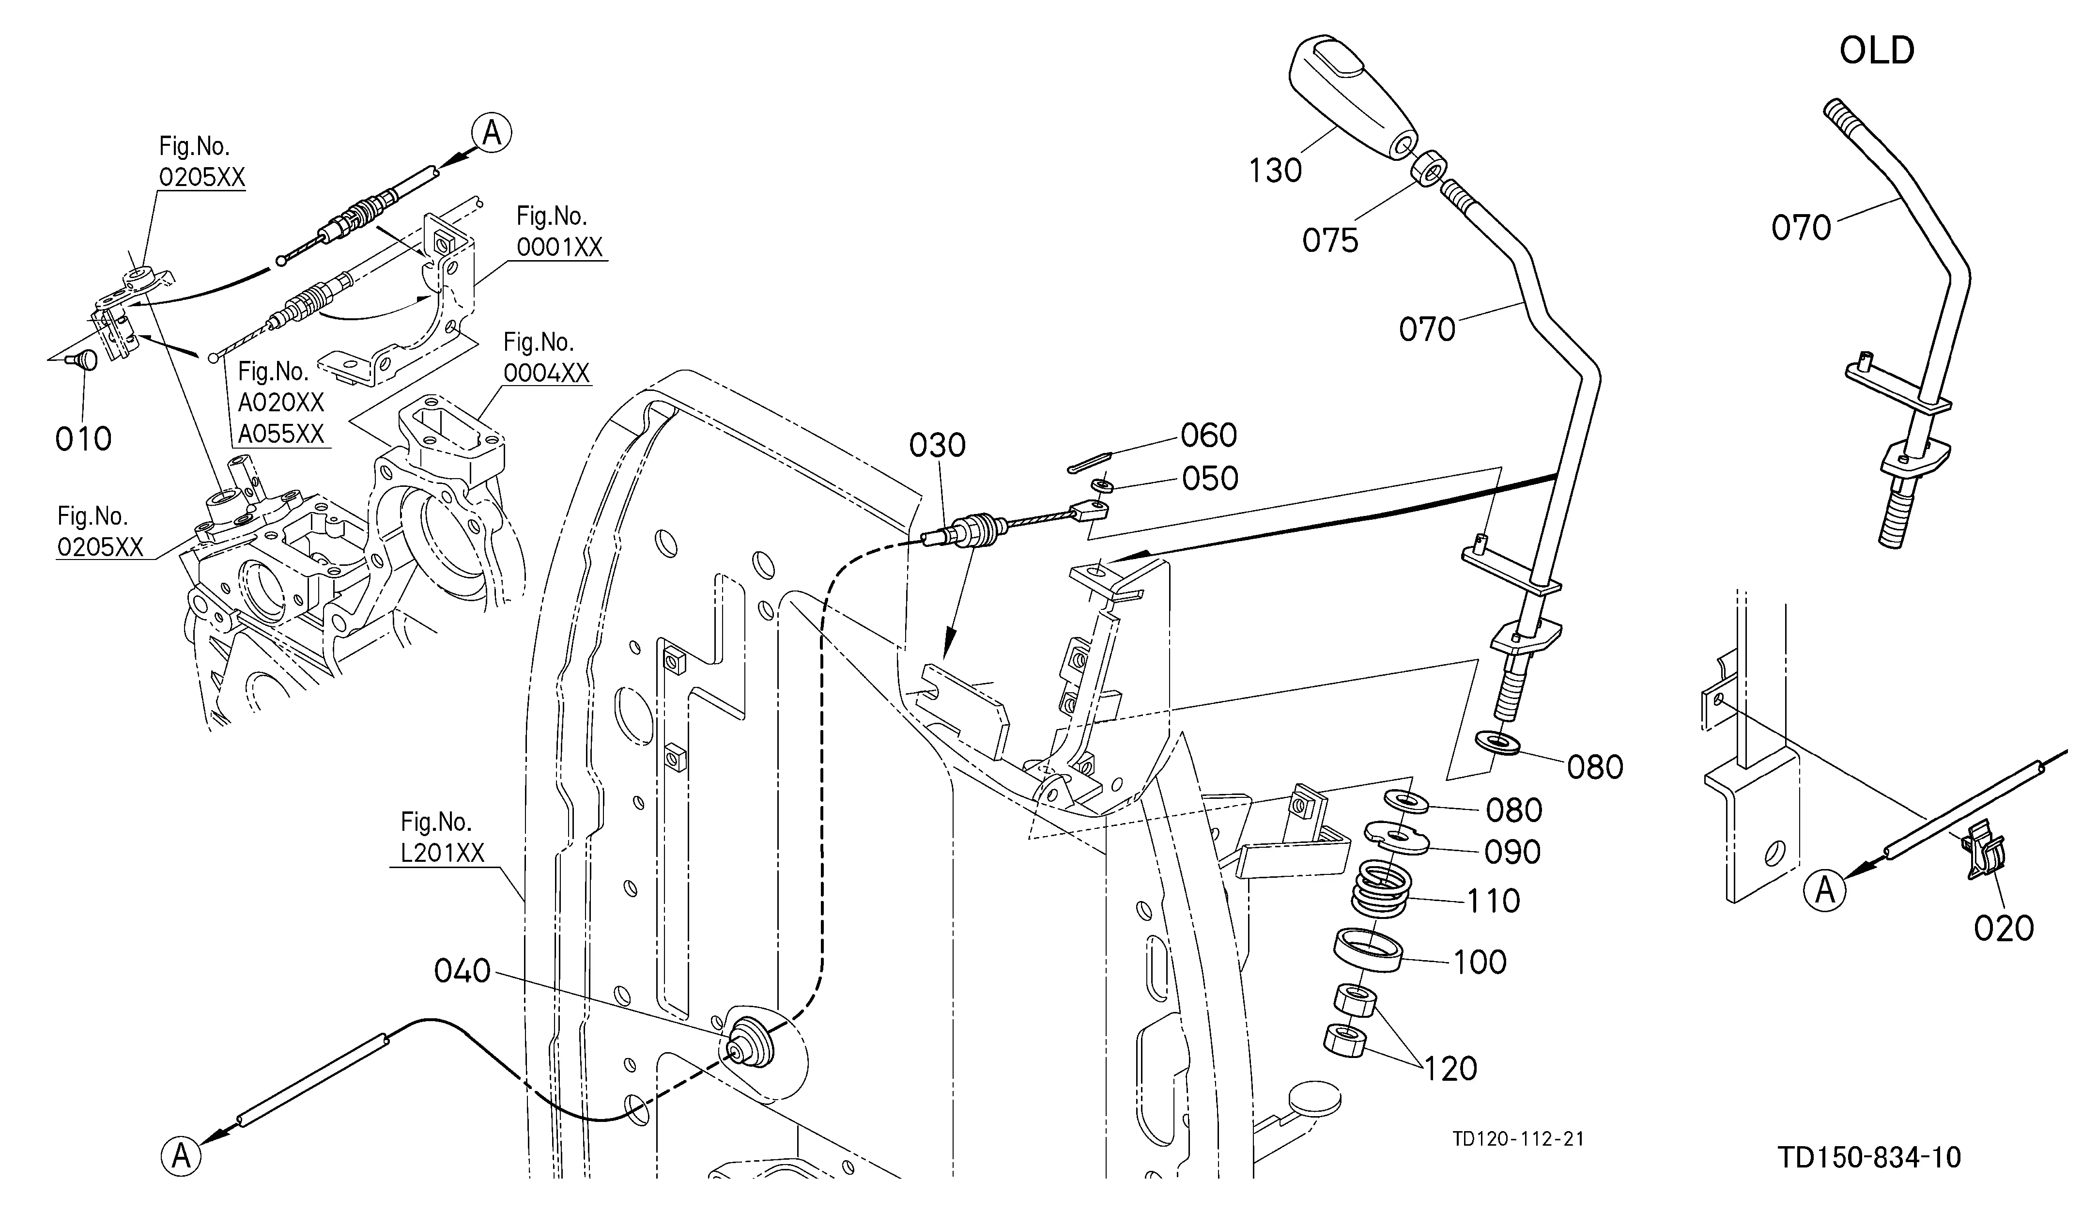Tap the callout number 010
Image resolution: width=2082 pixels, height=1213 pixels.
83,439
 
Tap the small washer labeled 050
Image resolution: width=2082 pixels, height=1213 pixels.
1100,484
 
